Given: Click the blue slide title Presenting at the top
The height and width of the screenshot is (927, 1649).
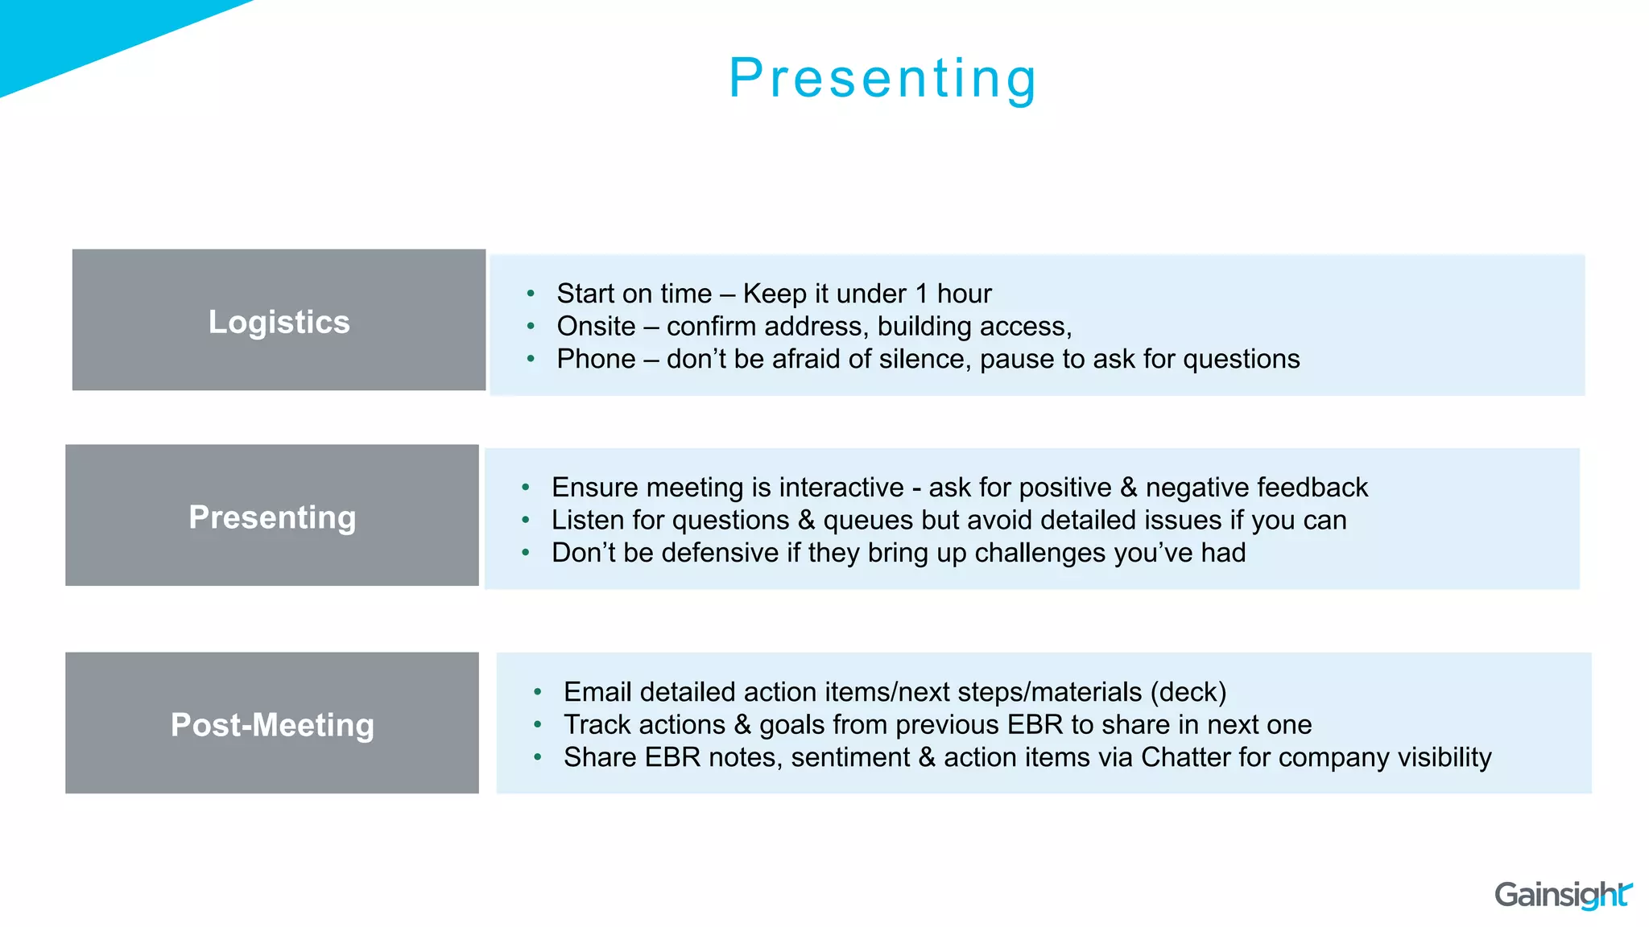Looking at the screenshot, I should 883,78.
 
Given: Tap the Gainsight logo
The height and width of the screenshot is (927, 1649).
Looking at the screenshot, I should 1562,895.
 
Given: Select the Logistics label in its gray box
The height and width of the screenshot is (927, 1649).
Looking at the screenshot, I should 279,322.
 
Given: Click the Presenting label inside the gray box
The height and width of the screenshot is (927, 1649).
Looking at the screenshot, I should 272,517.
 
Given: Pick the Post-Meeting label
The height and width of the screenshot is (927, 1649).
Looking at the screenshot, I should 272,724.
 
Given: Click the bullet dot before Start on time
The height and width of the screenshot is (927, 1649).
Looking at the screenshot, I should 531,294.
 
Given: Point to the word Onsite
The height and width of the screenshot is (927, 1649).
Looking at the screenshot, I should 596,326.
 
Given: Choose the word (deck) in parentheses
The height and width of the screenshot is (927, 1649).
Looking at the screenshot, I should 1188,692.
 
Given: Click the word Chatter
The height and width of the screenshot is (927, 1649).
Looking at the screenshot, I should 1185,757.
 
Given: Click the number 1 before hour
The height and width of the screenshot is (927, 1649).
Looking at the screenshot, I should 921,294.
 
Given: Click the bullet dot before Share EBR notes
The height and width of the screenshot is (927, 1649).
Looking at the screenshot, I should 538,757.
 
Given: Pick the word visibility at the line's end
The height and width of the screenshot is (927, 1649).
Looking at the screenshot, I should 1444,757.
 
